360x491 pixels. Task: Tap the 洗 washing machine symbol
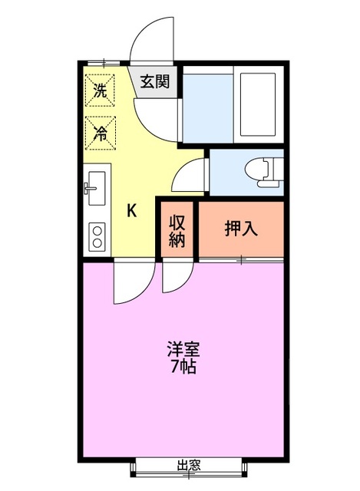click(99, 89)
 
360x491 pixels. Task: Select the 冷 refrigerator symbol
click(99, 130)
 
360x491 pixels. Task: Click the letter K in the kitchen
click(132, 211)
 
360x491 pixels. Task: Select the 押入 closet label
click(241, 228)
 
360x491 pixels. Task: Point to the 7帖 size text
click(183, 367)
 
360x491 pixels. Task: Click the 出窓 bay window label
click(189, 465)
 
